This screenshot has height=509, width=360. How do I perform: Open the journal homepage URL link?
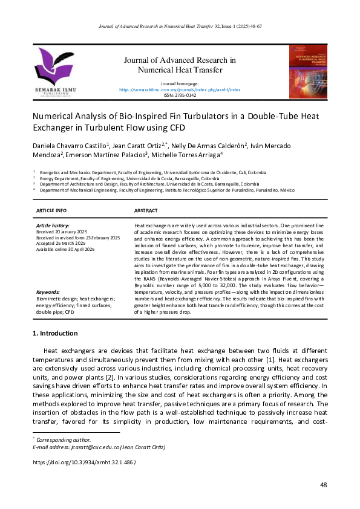(180, 89)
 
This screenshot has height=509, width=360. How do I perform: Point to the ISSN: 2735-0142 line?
(180, 95)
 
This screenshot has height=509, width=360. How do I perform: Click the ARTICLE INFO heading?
(51, 210)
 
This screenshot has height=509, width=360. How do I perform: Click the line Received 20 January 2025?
(62, 231)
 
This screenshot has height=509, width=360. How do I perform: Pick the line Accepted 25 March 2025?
(61, 242)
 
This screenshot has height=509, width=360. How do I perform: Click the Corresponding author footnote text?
(64, 439)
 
